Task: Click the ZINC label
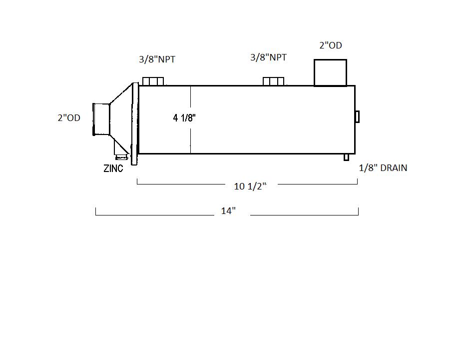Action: pyautogui.click(x=113, y=168)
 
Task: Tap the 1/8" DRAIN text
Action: pyautogui.click(x=383, y=167)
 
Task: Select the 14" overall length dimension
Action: pyautogui.click(x=228, y=211)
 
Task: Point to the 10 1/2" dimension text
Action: pyautogui.click(x=250, y=186)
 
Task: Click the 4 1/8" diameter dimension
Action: pyautogui.click(x=184, y=118)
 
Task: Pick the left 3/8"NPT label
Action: pyautogui.click(x=157, y=59)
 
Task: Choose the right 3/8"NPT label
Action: pyautogui.click(x=269, y=57)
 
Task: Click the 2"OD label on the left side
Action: pyautogui.click(x=69, y=118)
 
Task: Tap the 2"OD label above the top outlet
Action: pyautogui.click(x=331, y=45)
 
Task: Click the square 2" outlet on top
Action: pyautogui.click(x=330, y=73)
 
